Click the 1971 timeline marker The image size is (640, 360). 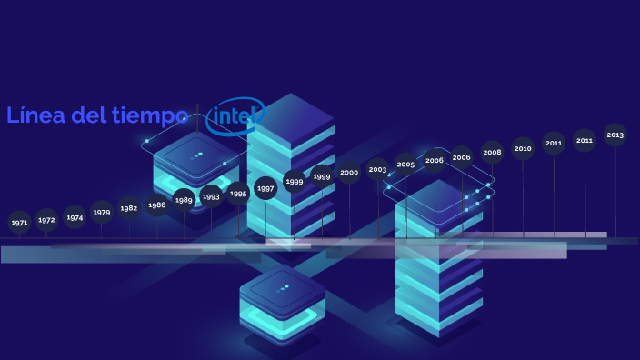(19, 222)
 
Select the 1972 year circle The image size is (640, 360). (46, 220)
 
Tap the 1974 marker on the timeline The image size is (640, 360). (75, 217)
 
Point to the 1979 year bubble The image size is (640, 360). (102, 212)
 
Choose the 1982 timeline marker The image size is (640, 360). (129, 208)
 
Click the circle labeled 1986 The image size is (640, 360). (157, 205)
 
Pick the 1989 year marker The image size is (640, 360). (184, 200)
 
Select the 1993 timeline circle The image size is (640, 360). (211, 196)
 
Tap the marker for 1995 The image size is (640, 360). (238, 193)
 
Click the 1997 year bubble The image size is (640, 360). (265, 188)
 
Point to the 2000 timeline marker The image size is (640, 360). (349, 173)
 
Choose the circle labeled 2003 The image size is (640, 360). (378, 169)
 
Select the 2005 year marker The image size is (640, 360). (405, 165)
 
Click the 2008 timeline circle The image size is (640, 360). (492, 152)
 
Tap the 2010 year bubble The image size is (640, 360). (523, 148)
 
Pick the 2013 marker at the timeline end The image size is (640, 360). (615, 135)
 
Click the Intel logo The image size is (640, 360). (235, 116)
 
